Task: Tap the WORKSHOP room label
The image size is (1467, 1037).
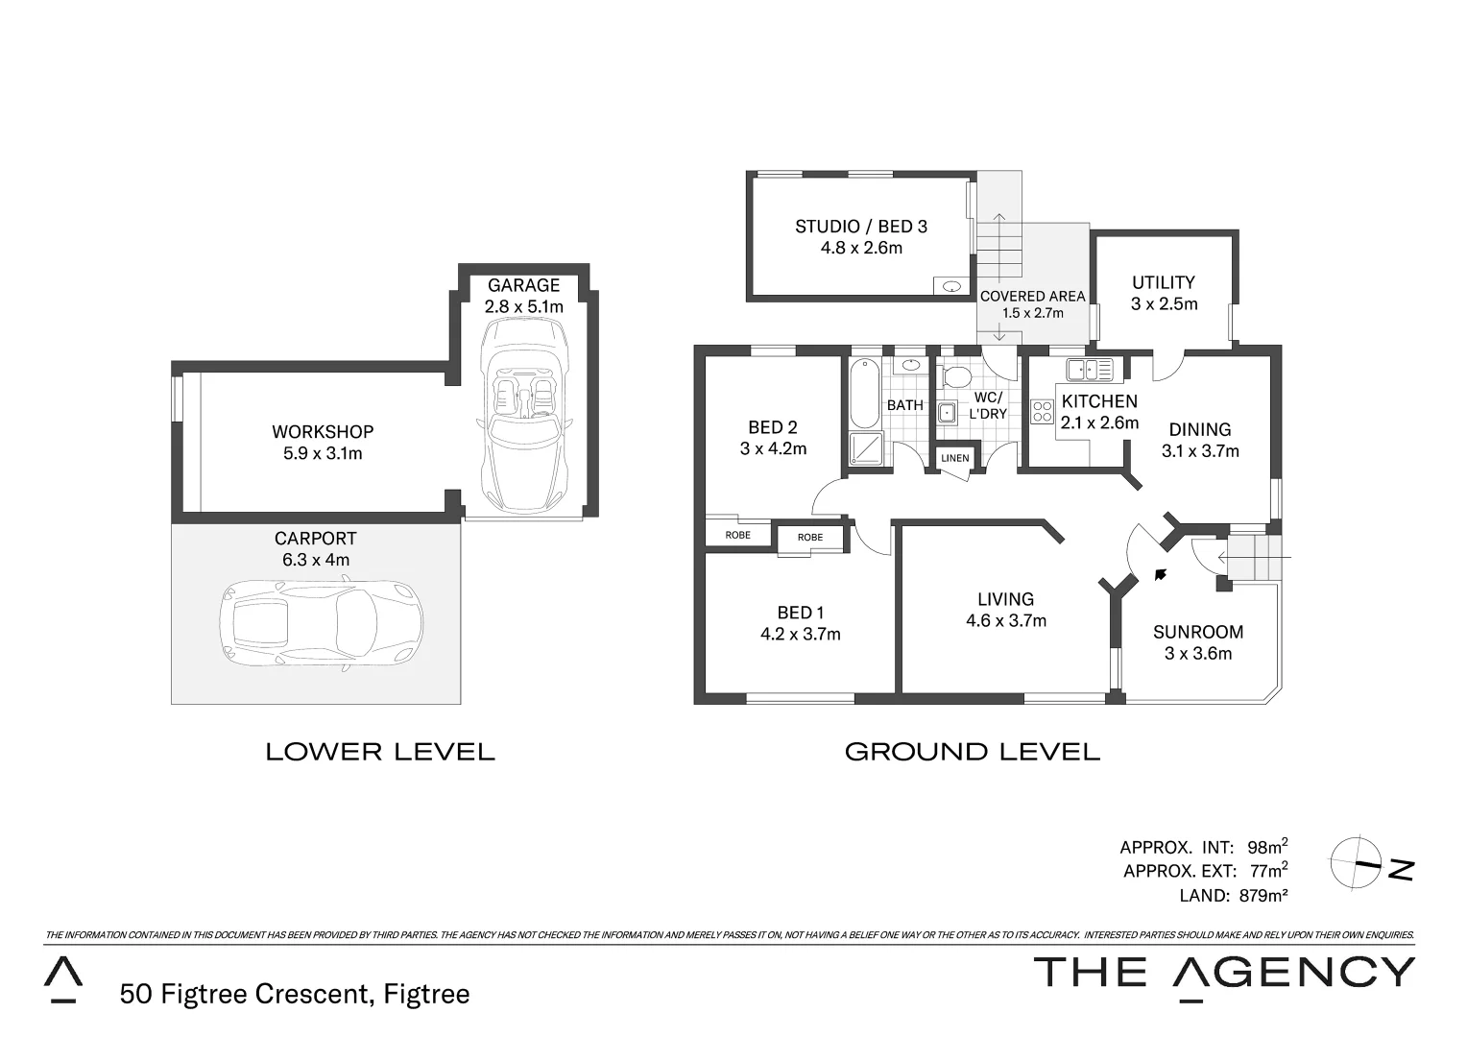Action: tap(323, 432)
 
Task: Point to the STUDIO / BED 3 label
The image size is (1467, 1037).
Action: tap(860, 227)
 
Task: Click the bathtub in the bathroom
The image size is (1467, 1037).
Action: tap(864, 394)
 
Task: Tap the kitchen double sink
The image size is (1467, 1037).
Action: tap(1089, 370)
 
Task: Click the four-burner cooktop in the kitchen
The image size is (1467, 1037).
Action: tap(1042, 412)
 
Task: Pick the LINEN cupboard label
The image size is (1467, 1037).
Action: tap(954, 458)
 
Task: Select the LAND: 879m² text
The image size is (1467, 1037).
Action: tap(1233, 895)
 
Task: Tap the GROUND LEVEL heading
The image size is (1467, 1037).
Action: tap(972, 752)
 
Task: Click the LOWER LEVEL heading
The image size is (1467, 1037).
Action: tap(380, 752)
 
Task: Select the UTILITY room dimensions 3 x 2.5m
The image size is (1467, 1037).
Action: tap(1164, 304)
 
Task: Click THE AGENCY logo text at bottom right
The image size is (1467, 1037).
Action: tap(1222, 972)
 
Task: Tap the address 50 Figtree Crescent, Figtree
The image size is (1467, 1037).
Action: tap(295, 993)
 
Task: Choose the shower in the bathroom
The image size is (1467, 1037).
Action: tap(865, 447)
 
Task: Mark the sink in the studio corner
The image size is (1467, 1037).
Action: tap(951, 285)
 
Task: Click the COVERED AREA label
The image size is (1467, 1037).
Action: tap(1032, 296)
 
